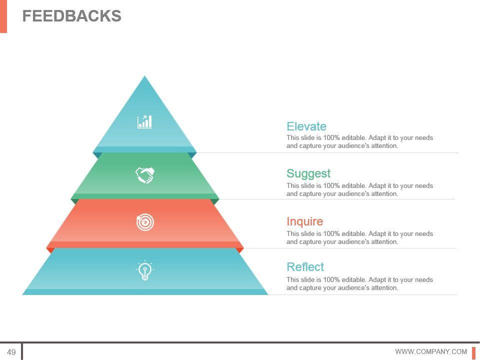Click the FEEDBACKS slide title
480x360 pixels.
click(x=71, y=16)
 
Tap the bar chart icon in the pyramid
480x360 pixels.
click(x=144, y=121)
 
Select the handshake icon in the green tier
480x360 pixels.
click(x=144, y=175)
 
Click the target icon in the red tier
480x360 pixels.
click(x=145, y=222)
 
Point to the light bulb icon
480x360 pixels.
click(x=144, y=270)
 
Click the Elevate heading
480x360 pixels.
click(x=306, y=126)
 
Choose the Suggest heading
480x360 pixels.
click(x=308, y=173)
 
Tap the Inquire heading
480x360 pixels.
click(x=304, y=221)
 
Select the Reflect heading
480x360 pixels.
click(x=305, y=267)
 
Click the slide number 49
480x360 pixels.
click(x=11, y=352)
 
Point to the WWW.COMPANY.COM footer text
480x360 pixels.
click(x=430, y=352)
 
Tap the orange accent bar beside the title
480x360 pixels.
click(x=3, y=16)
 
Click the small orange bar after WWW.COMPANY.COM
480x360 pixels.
click(x=473, y=352)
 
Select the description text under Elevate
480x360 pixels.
click(x=359, y=142)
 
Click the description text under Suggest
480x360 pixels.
click(x=359, y=189)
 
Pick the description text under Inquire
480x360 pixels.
click(x=359, y=237)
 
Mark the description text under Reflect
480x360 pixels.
click(x=359, y=283)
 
